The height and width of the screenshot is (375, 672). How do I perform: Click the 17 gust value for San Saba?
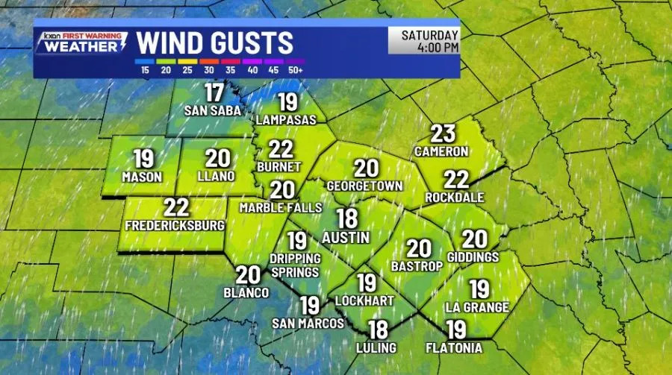pyautogui.click(x=214, y=94)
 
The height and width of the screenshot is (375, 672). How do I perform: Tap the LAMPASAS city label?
pyautogui.click(x=287, y=119)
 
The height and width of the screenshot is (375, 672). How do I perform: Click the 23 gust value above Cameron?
pyautogui.click(x=443, y=134)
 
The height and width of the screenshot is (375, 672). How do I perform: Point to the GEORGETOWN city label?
pyautogui.click(x=365, y=186)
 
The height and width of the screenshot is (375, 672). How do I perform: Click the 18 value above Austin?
pyautogui.click(x=346, y=218)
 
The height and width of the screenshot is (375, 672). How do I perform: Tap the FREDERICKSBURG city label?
pyautogui.click(x=175, y=224)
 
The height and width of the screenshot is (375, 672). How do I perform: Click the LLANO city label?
pyautogui.click(x=217, y=177)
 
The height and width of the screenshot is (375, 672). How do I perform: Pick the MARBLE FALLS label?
pyautogui.click(x=281, y=208)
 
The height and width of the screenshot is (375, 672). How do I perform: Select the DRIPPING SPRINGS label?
pyautogui.click(x=296, y=265)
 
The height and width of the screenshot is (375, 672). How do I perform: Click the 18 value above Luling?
pyautogui.click(x=378, y=329)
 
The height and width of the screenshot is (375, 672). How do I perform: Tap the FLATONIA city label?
pyautogui.click(x=454, y=347)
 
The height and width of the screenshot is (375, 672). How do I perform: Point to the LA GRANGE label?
pyautogui.click(x=477, y=307)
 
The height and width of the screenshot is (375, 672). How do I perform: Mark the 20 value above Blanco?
pyautogui.click(x=247, y=275)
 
